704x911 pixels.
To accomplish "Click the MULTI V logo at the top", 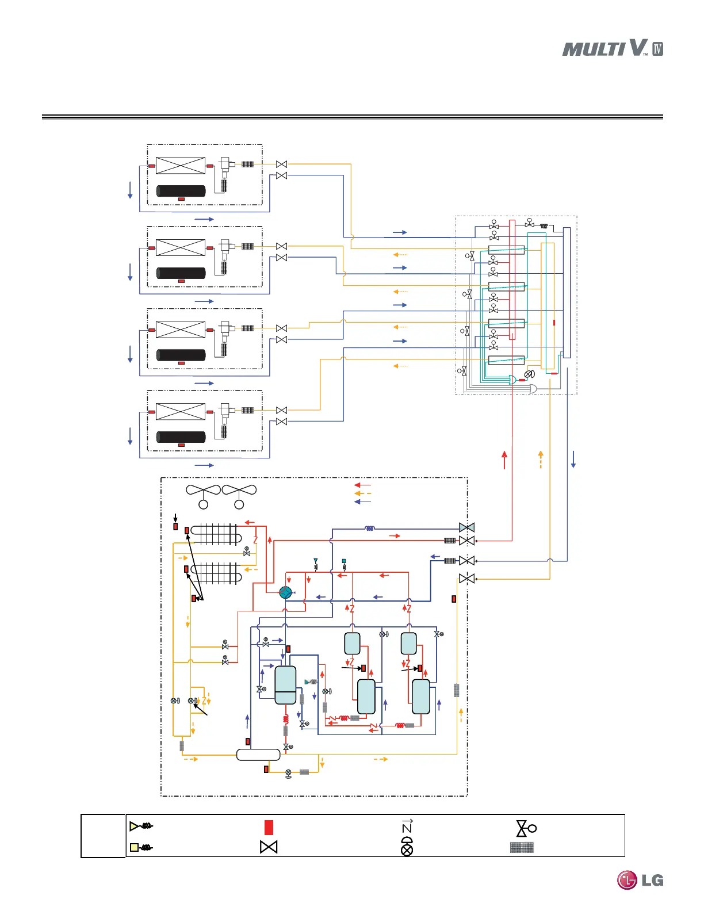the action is [x=612, y=48].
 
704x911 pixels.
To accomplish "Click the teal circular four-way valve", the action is [x=285, y=592].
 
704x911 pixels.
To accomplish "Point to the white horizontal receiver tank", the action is [x=258, y=755].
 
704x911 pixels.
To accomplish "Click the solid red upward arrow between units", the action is [x=504, y=460].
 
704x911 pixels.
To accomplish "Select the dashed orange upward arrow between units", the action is [x=541, y=460].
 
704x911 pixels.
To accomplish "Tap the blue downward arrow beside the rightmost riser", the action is [x=573, y=460].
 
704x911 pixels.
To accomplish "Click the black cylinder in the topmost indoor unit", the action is [x=181, y=191].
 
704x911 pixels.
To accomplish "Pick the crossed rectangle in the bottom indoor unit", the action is [x=180, y=411].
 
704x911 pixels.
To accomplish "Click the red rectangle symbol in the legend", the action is [x=269, y=828].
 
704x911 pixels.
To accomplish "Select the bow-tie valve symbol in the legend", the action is [x=269, y=847].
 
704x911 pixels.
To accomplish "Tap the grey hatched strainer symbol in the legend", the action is [x=522, y=847].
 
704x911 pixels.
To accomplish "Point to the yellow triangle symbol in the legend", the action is [x=141, y=826].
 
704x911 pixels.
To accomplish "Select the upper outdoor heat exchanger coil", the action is [x=216, y=534].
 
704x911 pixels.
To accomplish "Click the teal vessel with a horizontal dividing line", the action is [x=285, y=685].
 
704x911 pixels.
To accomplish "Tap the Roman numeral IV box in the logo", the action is [x=658, y=49].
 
